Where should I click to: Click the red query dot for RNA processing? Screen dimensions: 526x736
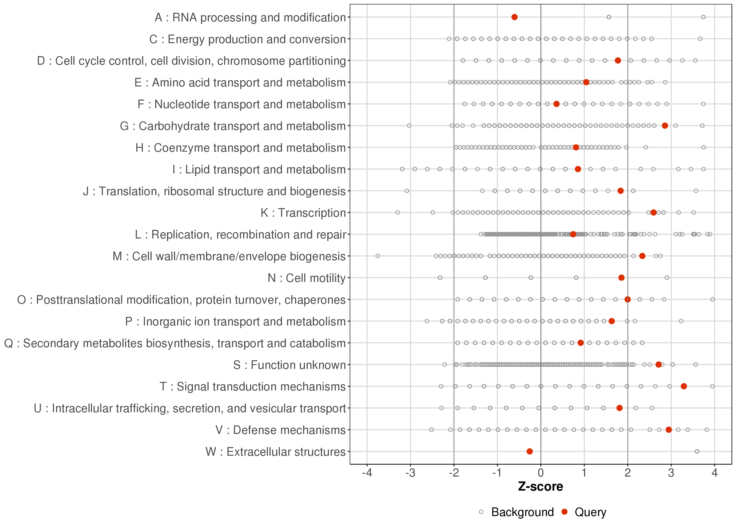pos(514,17)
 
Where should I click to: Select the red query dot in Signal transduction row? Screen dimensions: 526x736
pos(684,386)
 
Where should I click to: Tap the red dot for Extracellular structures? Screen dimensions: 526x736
pos(530,451)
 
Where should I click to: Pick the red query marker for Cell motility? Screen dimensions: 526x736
pos(621,278)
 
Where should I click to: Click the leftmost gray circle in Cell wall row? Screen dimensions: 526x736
pos(378,256)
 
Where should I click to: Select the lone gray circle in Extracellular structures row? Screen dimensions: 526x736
pos(697,451)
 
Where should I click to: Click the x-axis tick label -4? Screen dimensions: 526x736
pos(367,473)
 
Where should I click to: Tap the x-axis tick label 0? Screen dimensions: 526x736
pos(540,473)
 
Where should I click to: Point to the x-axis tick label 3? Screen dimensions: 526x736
pos(671,473)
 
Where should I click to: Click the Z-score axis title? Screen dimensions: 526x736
pos(540,487)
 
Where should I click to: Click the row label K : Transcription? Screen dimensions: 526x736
pos(303,213)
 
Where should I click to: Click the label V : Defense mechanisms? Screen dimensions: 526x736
pos(281,430)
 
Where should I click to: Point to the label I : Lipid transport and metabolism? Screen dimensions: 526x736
pos(259,169)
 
